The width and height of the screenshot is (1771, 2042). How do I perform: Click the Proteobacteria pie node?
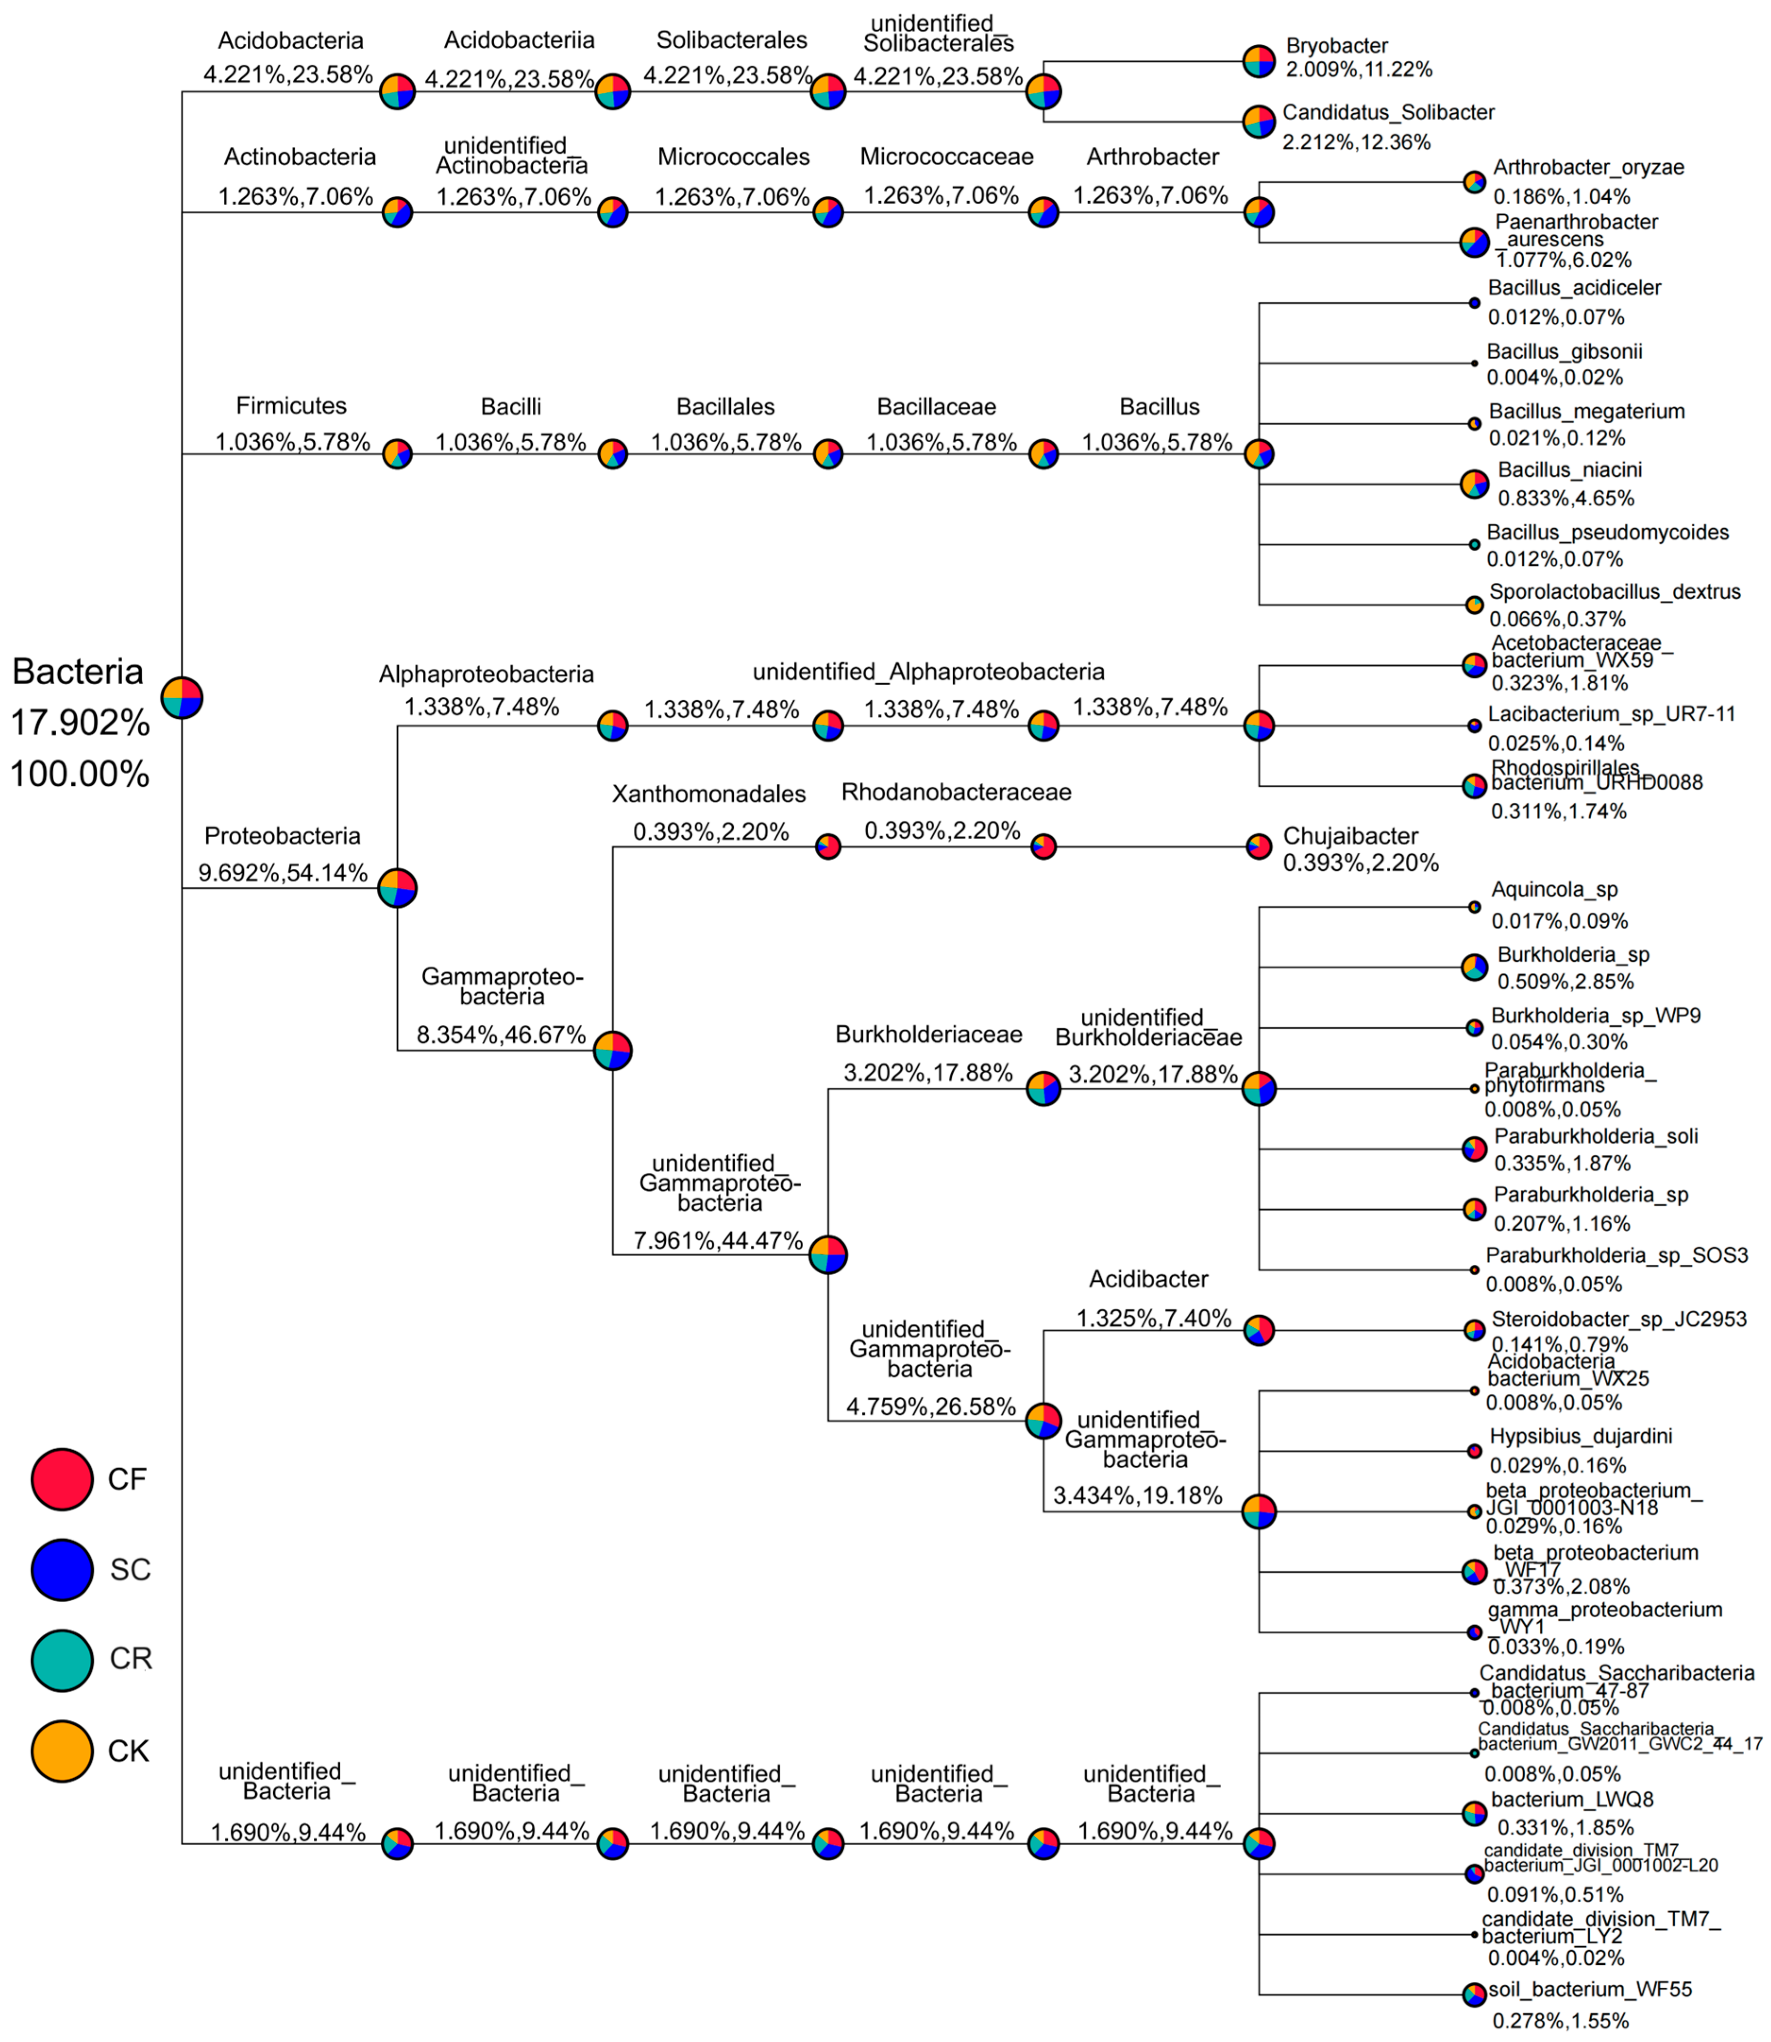397,888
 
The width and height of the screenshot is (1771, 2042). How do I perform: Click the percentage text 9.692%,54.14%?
283,873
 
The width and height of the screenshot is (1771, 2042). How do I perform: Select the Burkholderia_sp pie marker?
1474,966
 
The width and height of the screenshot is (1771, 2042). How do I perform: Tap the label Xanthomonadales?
709,794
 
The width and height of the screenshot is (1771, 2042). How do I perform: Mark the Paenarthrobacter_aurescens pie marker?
1474,242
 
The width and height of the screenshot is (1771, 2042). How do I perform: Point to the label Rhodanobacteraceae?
956,793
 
